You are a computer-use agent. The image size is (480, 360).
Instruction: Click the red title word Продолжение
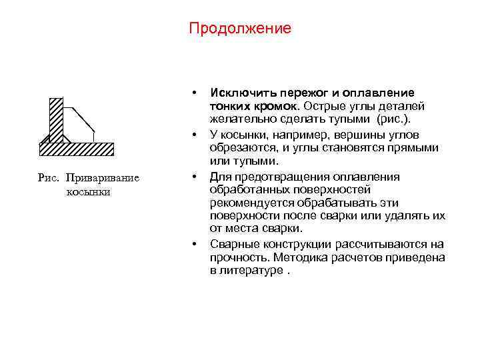pyautogui.click(x=239, y=29)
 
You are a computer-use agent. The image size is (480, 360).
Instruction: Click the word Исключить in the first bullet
pyautogui.click(x=237, y=93)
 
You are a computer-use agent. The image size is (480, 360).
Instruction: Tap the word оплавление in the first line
pyautogui.click(x=379, y=93)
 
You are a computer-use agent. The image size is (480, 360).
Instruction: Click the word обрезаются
pyautogui.click(x=239, y=148)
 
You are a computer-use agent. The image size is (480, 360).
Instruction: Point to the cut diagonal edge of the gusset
pyautogui.click(x=83, y=118)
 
